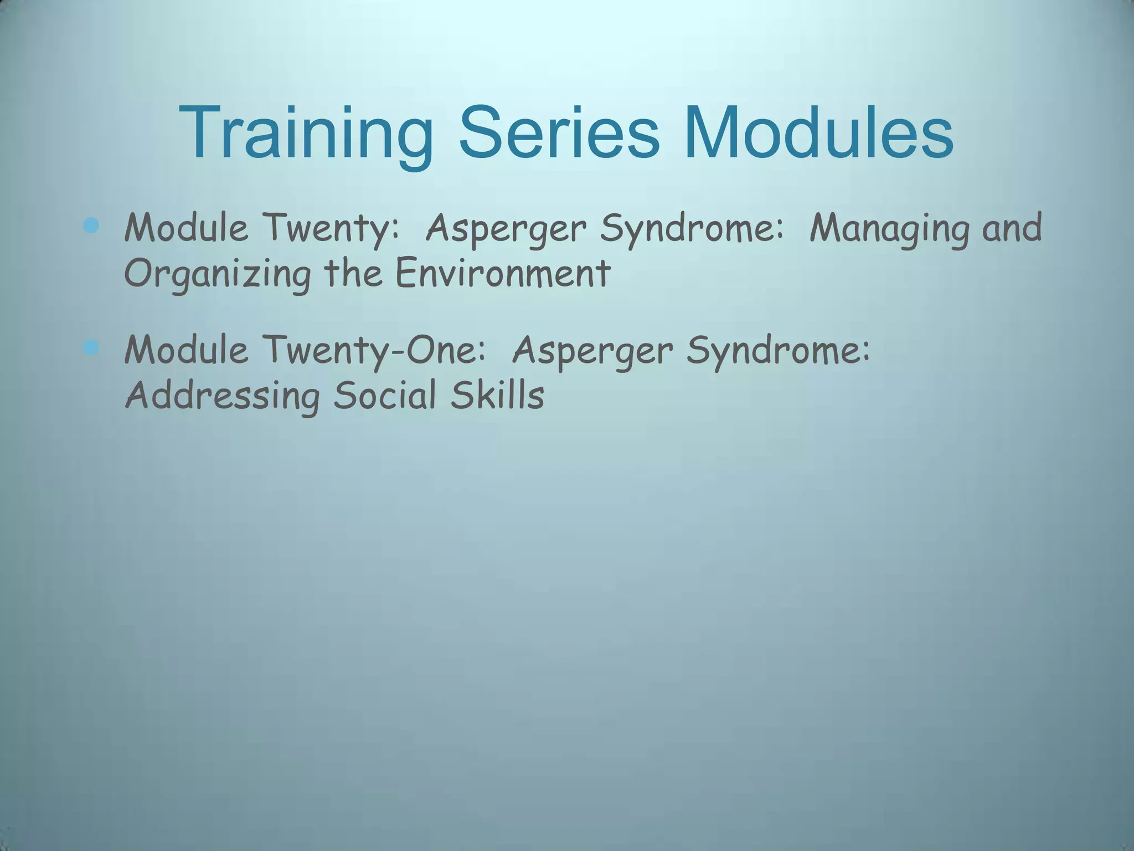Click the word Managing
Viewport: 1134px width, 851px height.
coord(889,229)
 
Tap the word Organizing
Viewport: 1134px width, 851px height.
coord(217,274)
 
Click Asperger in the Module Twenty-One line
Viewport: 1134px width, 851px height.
coord(592,351)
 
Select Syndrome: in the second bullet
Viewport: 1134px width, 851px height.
coord(779,351)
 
